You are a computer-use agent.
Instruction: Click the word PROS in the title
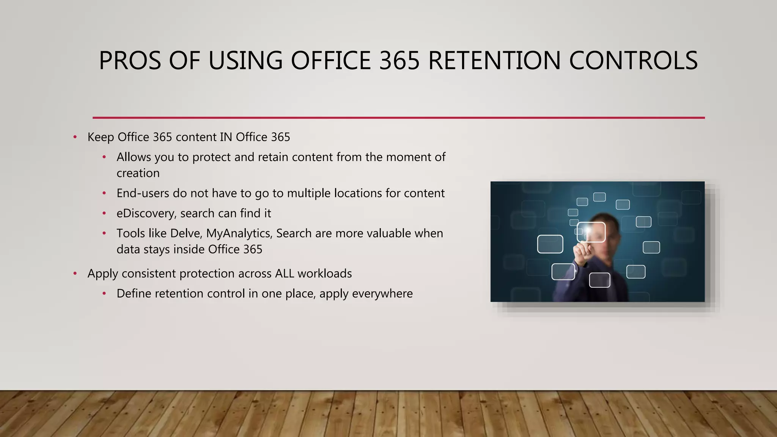click(130, 61)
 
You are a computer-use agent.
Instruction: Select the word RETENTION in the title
click(494, 61)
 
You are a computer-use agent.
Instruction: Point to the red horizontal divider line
click(398, 118)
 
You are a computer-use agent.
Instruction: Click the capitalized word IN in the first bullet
click(226, 137)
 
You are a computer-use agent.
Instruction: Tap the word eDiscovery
click(146, 214)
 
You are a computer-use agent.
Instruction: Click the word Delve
click(185, 233)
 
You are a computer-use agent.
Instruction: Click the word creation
click(138, 173)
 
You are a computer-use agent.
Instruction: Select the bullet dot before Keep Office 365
click(75, 137)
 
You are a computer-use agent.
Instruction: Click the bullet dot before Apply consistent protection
click(75, 274)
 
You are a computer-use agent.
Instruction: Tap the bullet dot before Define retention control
click(104, 294)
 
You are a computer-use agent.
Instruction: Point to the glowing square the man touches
click(591, 232)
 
